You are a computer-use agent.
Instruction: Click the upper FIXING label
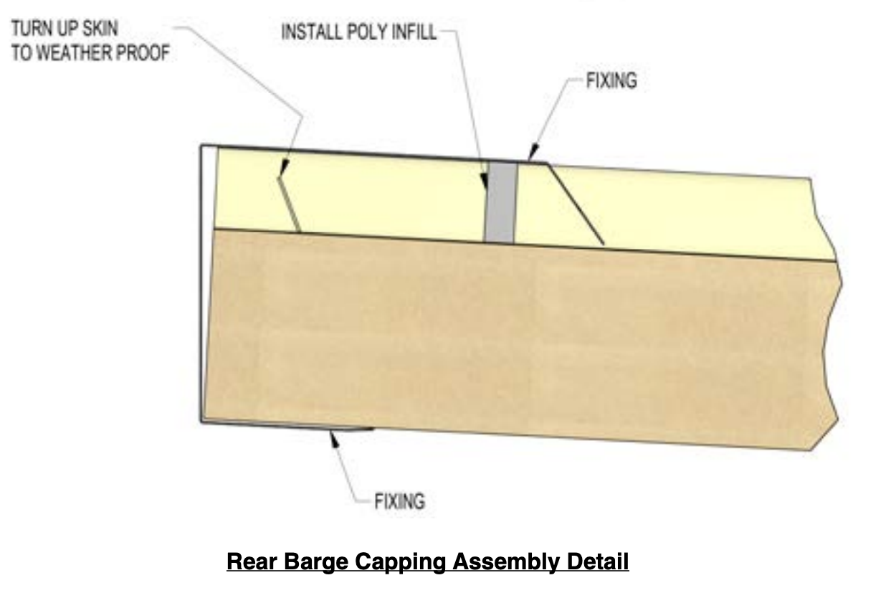611,80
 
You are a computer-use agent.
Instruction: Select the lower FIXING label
399,501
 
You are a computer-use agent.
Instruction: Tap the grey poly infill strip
500,202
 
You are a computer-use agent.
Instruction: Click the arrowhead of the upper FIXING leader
533,153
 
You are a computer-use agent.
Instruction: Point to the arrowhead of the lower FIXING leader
334,439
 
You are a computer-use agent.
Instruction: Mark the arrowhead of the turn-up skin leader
284,166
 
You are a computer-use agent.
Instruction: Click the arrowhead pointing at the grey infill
485,181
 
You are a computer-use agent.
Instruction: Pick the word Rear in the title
252,561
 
